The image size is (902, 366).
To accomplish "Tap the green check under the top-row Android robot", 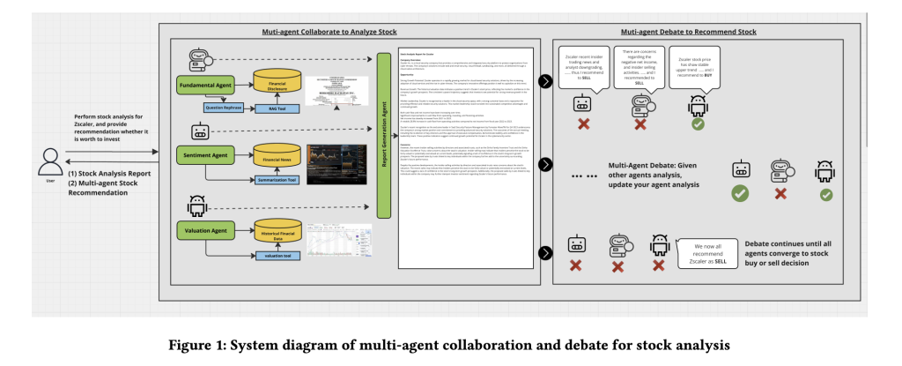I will [699, 124].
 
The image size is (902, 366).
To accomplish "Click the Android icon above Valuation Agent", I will [196, 205].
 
